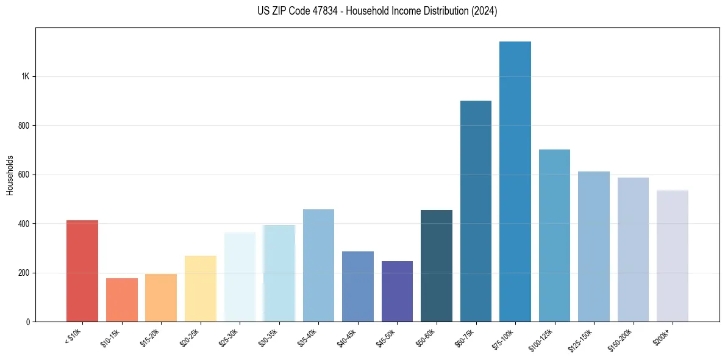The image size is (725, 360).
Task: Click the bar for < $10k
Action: click(x=82, y=271)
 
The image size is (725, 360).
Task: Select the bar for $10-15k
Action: click(x=121, y=300)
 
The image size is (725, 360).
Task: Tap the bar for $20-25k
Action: click(x=200, y=289)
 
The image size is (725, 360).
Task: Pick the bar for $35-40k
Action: click(x=318, y=265)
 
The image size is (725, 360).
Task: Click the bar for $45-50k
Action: click(x=397, y=291)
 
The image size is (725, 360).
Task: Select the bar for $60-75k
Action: click(x=476, y=211)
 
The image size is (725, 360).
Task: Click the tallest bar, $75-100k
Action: click(x=515, y=181)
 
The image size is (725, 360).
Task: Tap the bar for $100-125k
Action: click(x=554, y=236)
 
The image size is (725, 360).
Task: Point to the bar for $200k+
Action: click(x=672, y=256)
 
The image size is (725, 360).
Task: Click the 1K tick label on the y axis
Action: click(x=26, y=77)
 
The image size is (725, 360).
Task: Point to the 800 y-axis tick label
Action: click(x=24, y=126)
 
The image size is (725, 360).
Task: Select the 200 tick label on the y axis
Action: click(x=24, y=273)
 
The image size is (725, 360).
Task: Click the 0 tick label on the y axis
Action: click(x=27, y=322)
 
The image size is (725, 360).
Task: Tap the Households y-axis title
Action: click(x=10, y=175)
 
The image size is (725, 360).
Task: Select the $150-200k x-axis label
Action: click(x=628, y=339)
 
